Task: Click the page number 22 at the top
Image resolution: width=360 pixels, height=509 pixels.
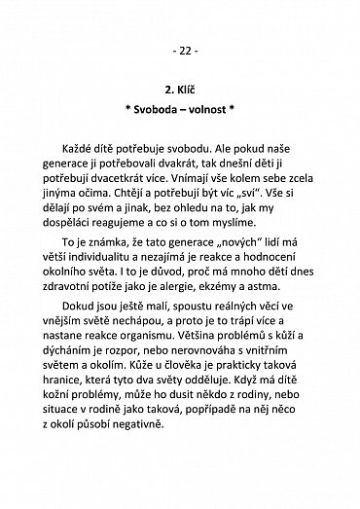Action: pyautogui.click(x=180, y=48)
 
